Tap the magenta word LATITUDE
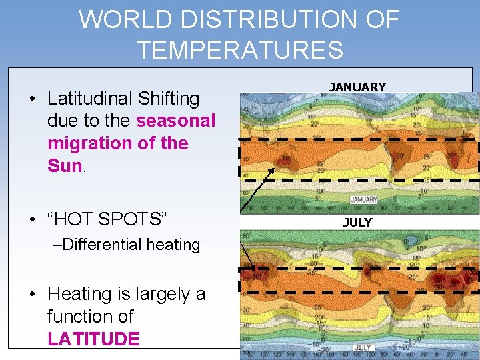[93, 339]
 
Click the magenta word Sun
[64, 166]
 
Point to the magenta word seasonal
[175, 121]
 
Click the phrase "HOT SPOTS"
[107, 219]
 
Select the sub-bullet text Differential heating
[127, 245]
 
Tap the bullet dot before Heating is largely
[33, 294]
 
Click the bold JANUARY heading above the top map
[357, 87]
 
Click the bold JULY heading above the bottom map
[357, 222]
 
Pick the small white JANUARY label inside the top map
[363, 200]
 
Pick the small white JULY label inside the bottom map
[363, 347]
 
